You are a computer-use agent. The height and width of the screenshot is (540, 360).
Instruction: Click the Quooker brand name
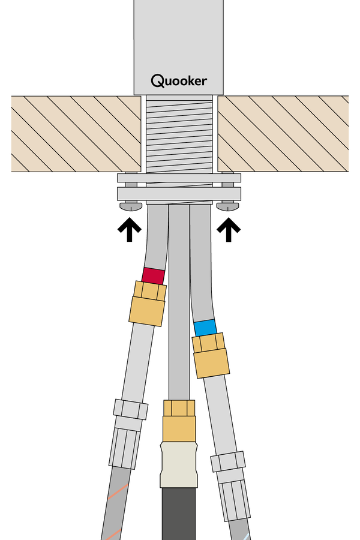tap(179, 80)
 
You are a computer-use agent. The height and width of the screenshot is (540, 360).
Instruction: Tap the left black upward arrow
tap(130, 229)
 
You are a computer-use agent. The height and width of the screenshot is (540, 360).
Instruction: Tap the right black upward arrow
tap(229, 229)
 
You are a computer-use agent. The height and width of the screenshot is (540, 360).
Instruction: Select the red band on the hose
tap(154, 276)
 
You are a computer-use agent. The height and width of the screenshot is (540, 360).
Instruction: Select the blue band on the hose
tap(205, 328)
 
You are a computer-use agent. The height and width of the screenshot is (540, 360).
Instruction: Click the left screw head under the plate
tap(131, 206)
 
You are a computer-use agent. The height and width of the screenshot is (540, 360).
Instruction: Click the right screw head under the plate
tap(227, 206)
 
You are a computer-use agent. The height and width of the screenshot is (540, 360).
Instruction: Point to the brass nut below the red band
tap(148, 304)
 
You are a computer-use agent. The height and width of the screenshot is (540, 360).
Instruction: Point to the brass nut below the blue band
tap(211, 355)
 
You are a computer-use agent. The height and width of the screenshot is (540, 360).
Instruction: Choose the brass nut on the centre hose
tap(179, 421)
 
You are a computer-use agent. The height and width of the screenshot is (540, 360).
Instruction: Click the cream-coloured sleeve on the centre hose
tap(179, 465)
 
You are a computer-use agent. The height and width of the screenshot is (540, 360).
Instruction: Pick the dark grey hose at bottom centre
tap(179, 514)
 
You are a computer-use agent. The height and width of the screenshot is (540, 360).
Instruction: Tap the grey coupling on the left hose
tap(128, 434)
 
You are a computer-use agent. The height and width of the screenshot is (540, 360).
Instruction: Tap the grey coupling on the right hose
tap(231, 486)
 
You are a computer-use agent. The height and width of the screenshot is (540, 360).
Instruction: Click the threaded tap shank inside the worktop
tap(179, 134)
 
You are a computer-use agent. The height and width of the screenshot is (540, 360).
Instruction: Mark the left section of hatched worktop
tap(76, 134)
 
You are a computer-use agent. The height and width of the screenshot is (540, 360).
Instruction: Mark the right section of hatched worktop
tap(283, 134)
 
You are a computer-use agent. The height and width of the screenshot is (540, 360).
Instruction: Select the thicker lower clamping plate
tap(179, 194)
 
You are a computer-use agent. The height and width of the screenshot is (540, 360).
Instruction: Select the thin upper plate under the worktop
tap(179, 178)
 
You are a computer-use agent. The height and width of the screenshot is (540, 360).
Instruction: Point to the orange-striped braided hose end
tap(116, 504)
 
